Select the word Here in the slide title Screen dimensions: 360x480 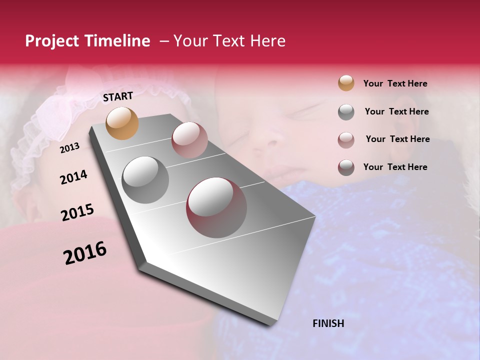point(267,41)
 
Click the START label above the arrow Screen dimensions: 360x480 point(118,96)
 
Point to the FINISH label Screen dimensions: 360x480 point(328,323)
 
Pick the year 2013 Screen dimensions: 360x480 point(69,148)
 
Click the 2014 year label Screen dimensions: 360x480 point(73,177)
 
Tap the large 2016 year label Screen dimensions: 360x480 point(85,253)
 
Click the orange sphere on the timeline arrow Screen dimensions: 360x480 point(122,123)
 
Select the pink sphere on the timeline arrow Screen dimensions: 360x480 point(189,139)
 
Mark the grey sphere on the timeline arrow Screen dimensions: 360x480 point(145,180)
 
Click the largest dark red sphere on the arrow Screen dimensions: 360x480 point(216,207)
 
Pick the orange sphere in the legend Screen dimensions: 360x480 point(346,83)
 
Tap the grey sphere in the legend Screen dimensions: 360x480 point(346,112)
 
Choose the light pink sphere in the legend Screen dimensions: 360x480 point(346,140)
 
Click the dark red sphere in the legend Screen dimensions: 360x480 point(346,167)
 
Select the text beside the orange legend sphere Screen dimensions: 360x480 point(395,83)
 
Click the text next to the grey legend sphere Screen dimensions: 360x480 point(396,111)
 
